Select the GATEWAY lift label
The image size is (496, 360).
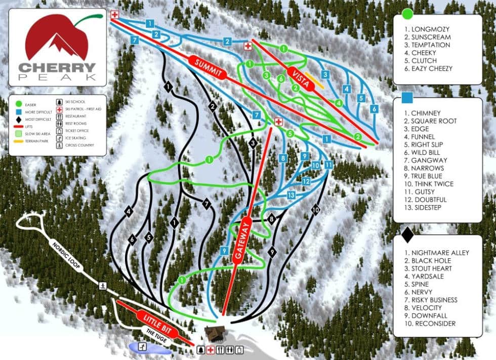pos(242,241)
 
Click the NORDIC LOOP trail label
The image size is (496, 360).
pos(66,255)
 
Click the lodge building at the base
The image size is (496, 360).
pos(215,334)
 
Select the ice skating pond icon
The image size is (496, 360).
pos(143,347)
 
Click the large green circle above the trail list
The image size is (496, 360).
pos(407,14)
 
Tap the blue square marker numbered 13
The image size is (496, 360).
pos(291,195)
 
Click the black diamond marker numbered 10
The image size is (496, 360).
pos(316,209)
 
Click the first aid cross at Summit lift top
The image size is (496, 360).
pos(115,14)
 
